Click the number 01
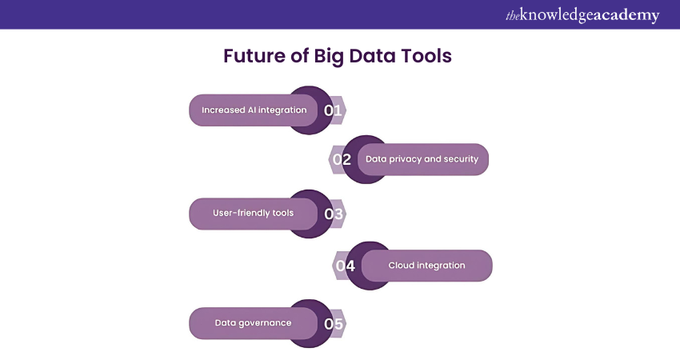[333, 110]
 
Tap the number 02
[342, 160]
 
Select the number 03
[334, 214]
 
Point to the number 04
[346, 266]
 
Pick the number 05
[334, 323]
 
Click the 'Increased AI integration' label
[254, 110]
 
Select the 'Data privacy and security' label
[422, 159]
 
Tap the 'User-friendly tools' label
[254, 213]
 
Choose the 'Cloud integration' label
[426, 266]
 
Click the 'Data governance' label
[254, 323]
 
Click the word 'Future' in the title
[254, 56]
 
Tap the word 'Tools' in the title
[426, 56]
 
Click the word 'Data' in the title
[372, 56]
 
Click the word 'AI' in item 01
[252, 110]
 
